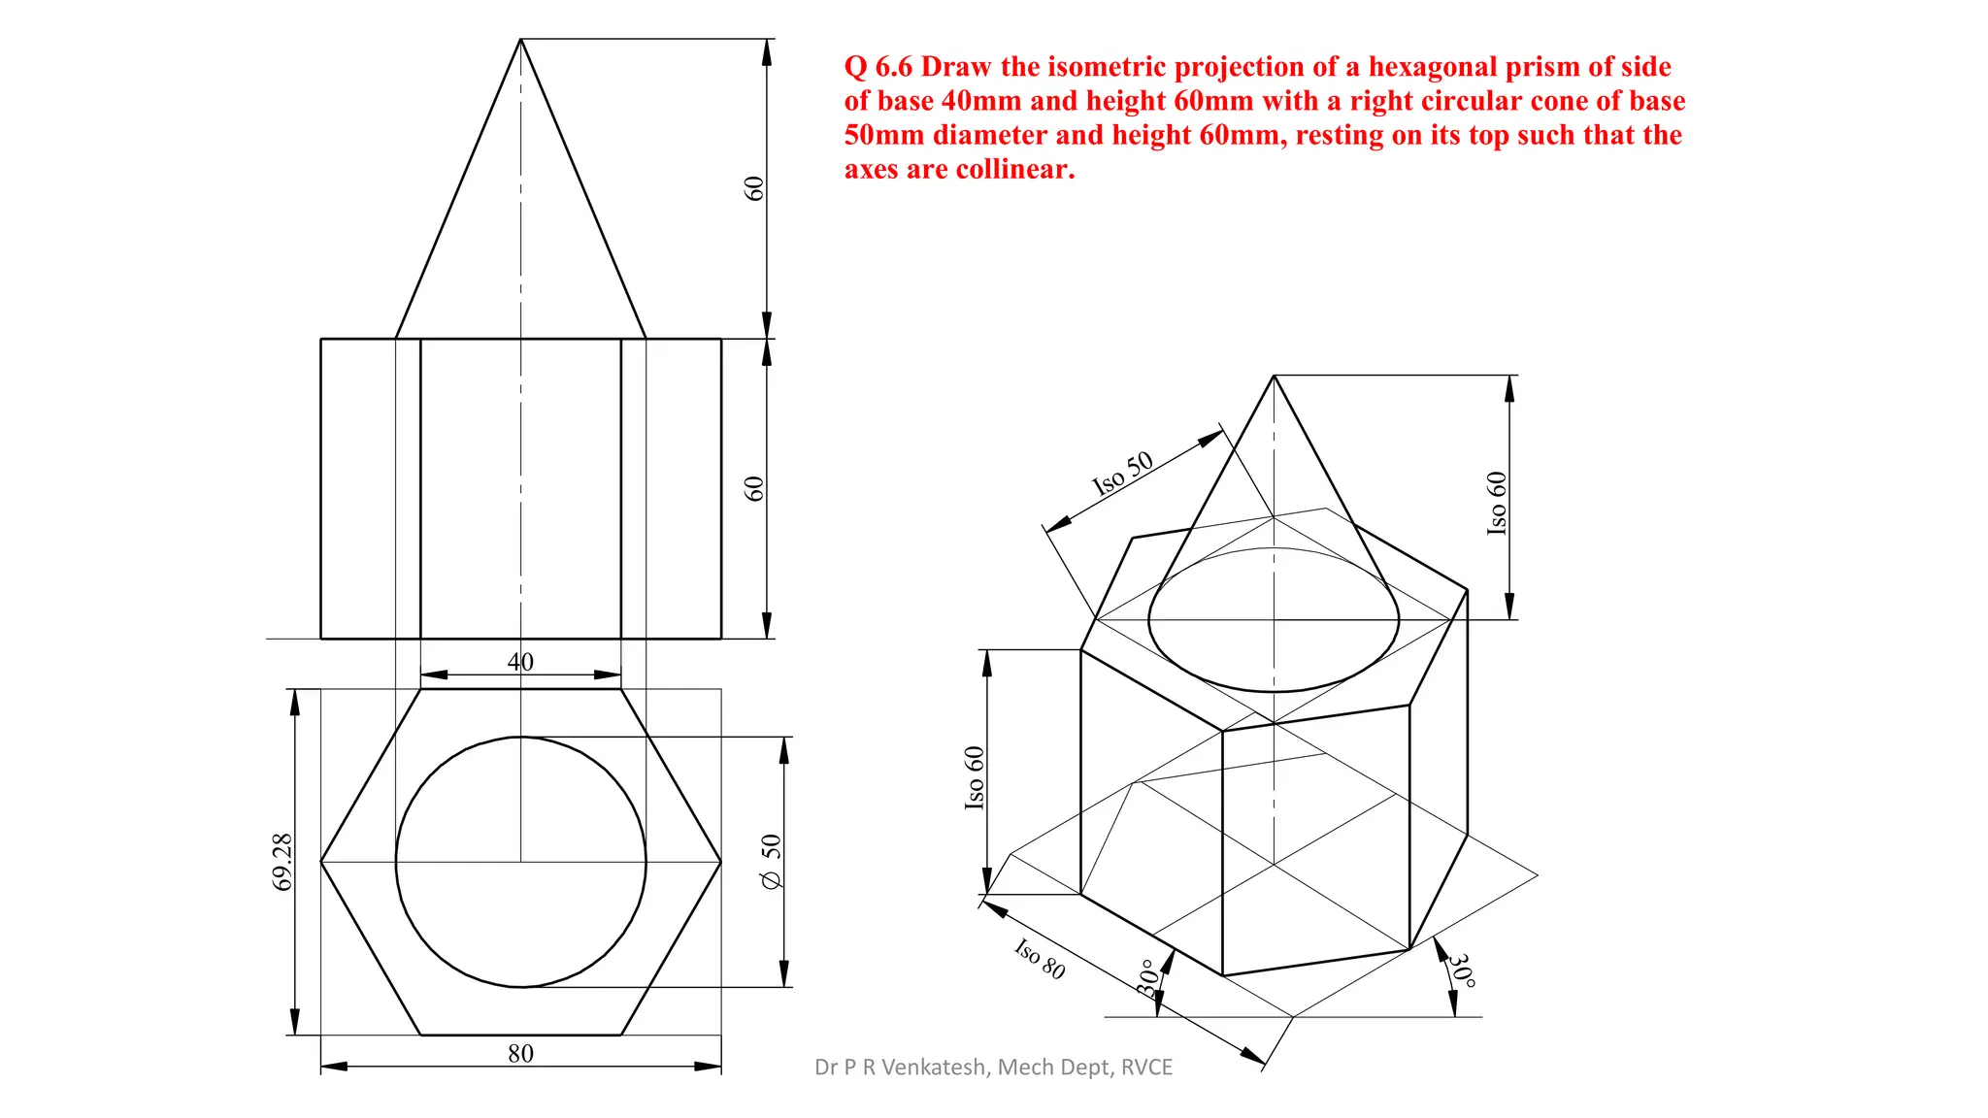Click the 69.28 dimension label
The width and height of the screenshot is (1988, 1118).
click(x=282, y=862)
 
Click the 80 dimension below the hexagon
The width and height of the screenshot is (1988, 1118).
click(x=520, y=1053)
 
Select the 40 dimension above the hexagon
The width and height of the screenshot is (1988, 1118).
click(x=520, y=662)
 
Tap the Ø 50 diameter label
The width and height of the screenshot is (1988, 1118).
click(x=771, y=862)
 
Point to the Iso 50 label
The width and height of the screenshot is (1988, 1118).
click(x=1123, y=474)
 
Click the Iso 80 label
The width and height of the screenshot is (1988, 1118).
click(x=1040, y=959)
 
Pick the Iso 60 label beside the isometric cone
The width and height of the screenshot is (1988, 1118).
click(x=1497, y=503)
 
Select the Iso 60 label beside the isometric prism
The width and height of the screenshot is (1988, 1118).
click(x=975, y=777)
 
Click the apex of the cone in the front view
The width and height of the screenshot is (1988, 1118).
click(x=520, y=40)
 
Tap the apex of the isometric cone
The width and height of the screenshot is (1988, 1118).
click(x=1274, y=377)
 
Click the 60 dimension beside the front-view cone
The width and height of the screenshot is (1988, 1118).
click(x=754, y=188)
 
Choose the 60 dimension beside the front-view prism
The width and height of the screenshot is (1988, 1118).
click(x=754, y=488)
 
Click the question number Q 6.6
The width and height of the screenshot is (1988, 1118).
click(x=878, y=67)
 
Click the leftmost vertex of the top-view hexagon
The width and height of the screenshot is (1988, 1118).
click(x=321, y=862)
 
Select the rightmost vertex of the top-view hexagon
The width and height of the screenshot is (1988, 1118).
click(x=721, y=862)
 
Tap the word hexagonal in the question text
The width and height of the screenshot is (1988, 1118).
click(x=1426, y=67)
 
